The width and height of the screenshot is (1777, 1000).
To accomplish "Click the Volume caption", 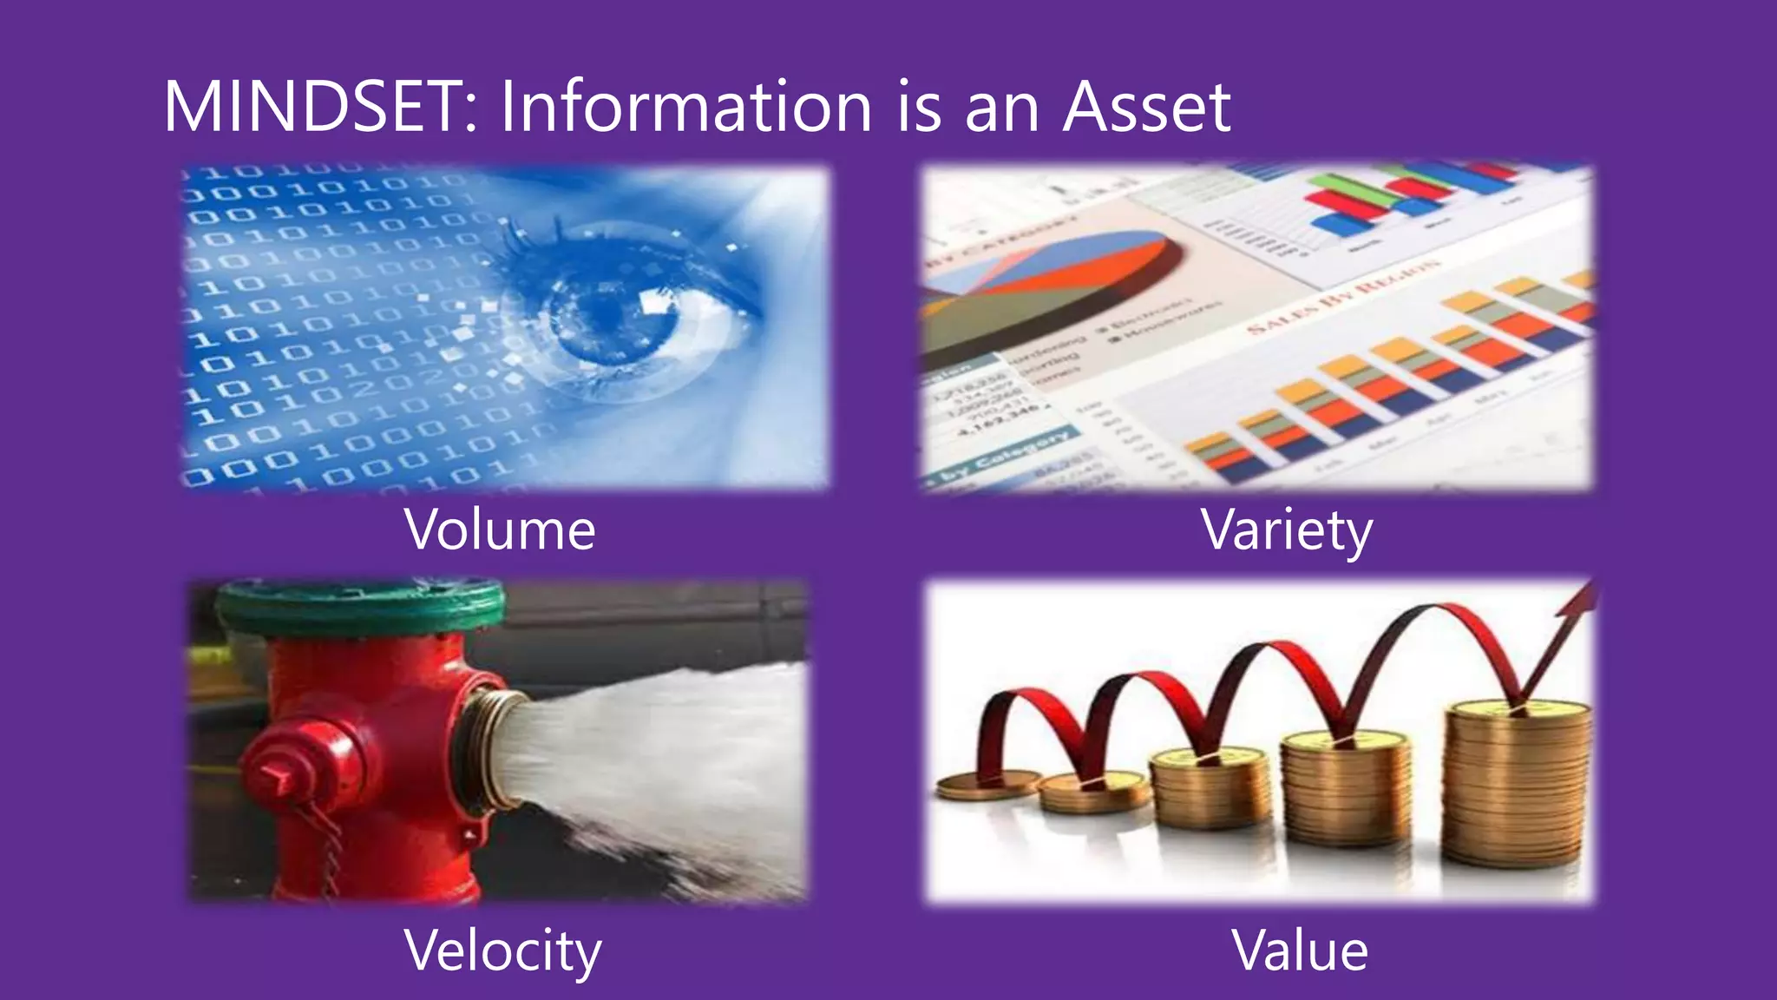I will pos(500,530).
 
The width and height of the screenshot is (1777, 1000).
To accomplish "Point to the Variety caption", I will pos(1287,530).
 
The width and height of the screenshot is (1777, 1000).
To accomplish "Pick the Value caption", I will pos(1299,950).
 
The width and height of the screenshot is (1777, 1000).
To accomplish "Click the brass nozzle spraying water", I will pos(486,747).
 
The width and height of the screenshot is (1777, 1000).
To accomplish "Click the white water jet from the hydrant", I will pos(659,747).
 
